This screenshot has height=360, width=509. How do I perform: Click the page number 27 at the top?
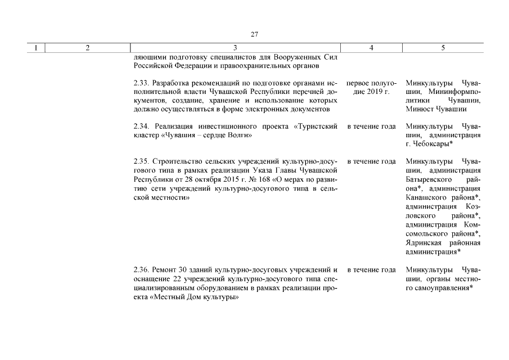click(254, 34)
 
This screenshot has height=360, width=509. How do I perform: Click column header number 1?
click(36, 48)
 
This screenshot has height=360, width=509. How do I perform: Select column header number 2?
click(88, 48)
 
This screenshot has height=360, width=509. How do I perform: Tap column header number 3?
click(235, 48)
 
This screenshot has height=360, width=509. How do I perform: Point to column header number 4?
click(372, 48)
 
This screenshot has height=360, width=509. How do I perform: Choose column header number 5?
click(443, 48)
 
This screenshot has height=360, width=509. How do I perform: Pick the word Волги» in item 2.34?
click(239, 136)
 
